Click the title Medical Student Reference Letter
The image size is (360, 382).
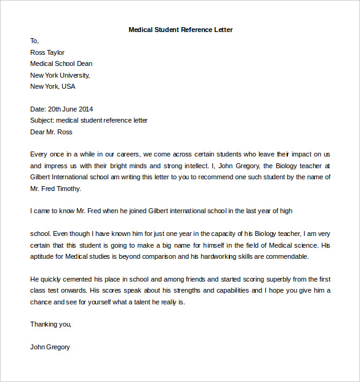[x=180, y=30]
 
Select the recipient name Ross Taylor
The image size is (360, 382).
[x=47, y=52]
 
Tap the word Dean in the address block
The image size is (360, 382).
[x=84, y=63]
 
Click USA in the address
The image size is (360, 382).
[x=68, y=86]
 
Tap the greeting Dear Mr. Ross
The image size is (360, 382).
[x=51, y=132]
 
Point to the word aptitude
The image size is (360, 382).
[x=44, y=256]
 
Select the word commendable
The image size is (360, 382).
[x=286, y=256]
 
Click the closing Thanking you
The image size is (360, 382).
[x=51, y=324]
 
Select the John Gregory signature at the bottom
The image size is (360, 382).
[x=50, y=347]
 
